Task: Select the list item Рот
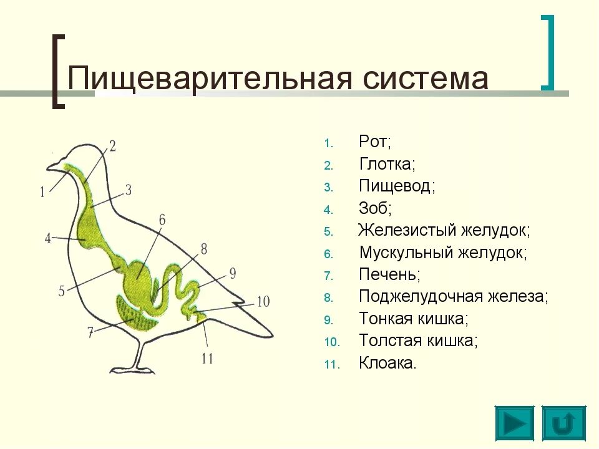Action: [374, 142]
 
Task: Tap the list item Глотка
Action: [387, 164]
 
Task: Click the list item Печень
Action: [389, 274]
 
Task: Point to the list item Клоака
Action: [387, 363]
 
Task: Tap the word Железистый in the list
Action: [407, 230]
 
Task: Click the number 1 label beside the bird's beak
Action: [42, 192]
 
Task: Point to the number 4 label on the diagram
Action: [47, 238]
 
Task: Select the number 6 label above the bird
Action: [162, 220]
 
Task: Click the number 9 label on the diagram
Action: [232, 273]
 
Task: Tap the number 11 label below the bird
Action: [208, 359]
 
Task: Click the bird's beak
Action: [54, 165]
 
